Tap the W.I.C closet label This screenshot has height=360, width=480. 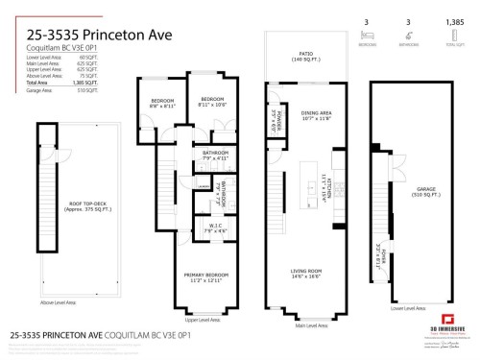point(214,228)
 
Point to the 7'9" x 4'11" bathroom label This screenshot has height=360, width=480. point(214,155)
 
